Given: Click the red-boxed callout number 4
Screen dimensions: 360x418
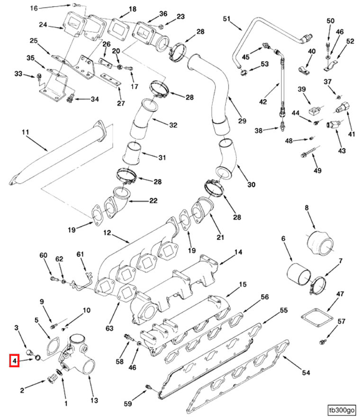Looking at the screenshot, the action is (14, 361).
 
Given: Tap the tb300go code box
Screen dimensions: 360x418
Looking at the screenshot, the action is (342, 410).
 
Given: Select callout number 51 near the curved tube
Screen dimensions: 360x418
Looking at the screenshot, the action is (226, 19).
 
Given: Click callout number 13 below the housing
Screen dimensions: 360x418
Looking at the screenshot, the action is (94, 400).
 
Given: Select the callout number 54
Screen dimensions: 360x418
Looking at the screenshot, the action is (306, 373).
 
